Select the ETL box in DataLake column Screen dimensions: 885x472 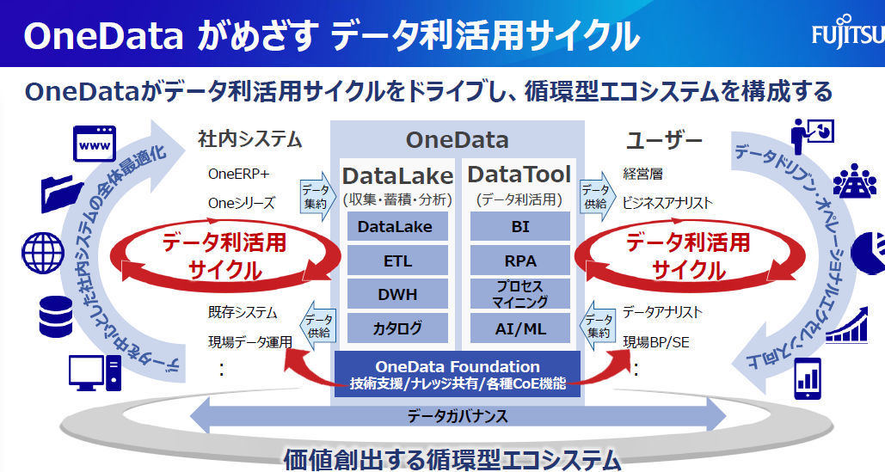[397, 261]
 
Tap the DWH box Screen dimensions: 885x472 [397, 294]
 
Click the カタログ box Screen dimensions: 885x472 [397, 328]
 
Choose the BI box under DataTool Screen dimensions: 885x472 [519, 227]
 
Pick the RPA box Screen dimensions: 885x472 [519, 261]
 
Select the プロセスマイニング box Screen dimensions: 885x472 [519, 294]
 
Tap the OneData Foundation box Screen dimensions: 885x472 [458, 374]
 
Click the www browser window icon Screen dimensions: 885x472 [95, 144]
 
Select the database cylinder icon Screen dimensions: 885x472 [56, 317]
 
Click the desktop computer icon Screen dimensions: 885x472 [95, 373]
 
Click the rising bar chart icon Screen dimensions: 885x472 [846, 325]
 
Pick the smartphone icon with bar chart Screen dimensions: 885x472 [808, 378]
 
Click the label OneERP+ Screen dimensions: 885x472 [238, 174]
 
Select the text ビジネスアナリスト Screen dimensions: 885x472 [667, 203]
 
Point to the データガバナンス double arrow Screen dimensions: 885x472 [458, 417]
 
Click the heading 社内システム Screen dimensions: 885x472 [249, 138]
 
